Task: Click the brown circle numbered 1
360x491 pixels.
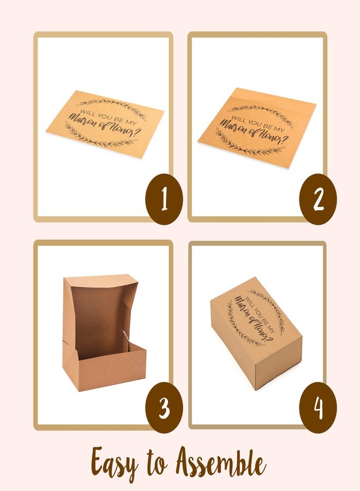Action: (164, 199)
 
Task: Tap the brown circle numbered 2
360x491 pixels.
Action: (318, 199)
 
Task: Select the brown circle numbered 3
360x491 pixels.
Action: (164, 408)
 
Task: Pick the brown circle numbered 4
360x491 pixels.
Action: (318, 408)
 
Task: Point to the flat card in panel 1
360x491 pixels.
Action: (105, 124)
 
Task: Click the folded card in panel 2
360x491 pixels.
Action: (257, 128)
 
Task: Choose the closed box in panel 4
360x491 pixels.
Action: (256, 333)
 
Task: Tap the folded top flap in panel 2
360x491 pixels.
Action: (273, 98)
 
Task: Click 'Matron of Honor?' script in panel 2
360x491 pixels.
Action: (254, 133)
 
